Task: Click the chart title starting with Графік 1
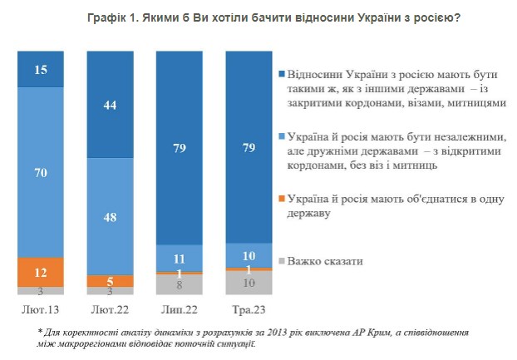tap(258, 17)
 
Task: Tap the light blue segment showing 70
tap(41, 172)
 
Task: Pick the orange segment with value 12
tap(41, 271)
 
